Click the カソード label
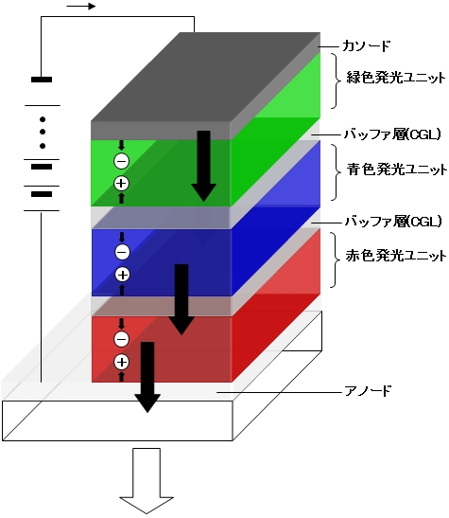(366, 45)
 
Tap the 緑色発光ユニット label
(396, 78)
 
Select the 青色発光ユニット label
(397, 170)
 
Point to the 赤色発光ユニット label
(396, 256)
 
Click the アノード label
(368, 391)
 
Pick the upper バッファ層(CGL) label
(392, 134)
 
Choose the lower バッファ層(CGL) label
(393, 222)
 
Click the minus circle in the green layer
(121, 162)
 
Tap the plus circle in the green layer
(121, 184)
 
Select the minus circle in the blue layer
(122, 253)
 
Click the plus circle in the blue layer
(122, 275)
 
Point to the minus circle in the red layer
(121, 339)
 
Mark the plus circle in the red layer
(121, 362)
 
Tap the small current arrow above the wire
(81, 7)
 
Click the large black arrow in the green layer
(204, 166)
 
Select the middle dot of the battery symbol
(43, 132)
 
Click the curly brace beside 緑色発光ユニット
(337, 80)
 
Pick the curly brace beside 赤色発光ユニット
(336, 260)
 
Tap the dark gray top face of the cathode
(205, 77)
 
